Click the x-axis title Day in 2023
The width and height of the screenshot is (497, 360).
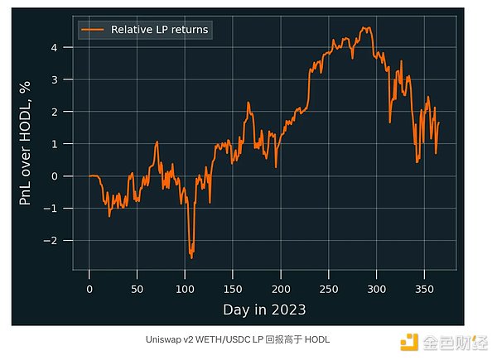point(264,310)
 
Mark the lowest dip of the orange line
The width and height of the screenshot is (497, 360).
point(192,257)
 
